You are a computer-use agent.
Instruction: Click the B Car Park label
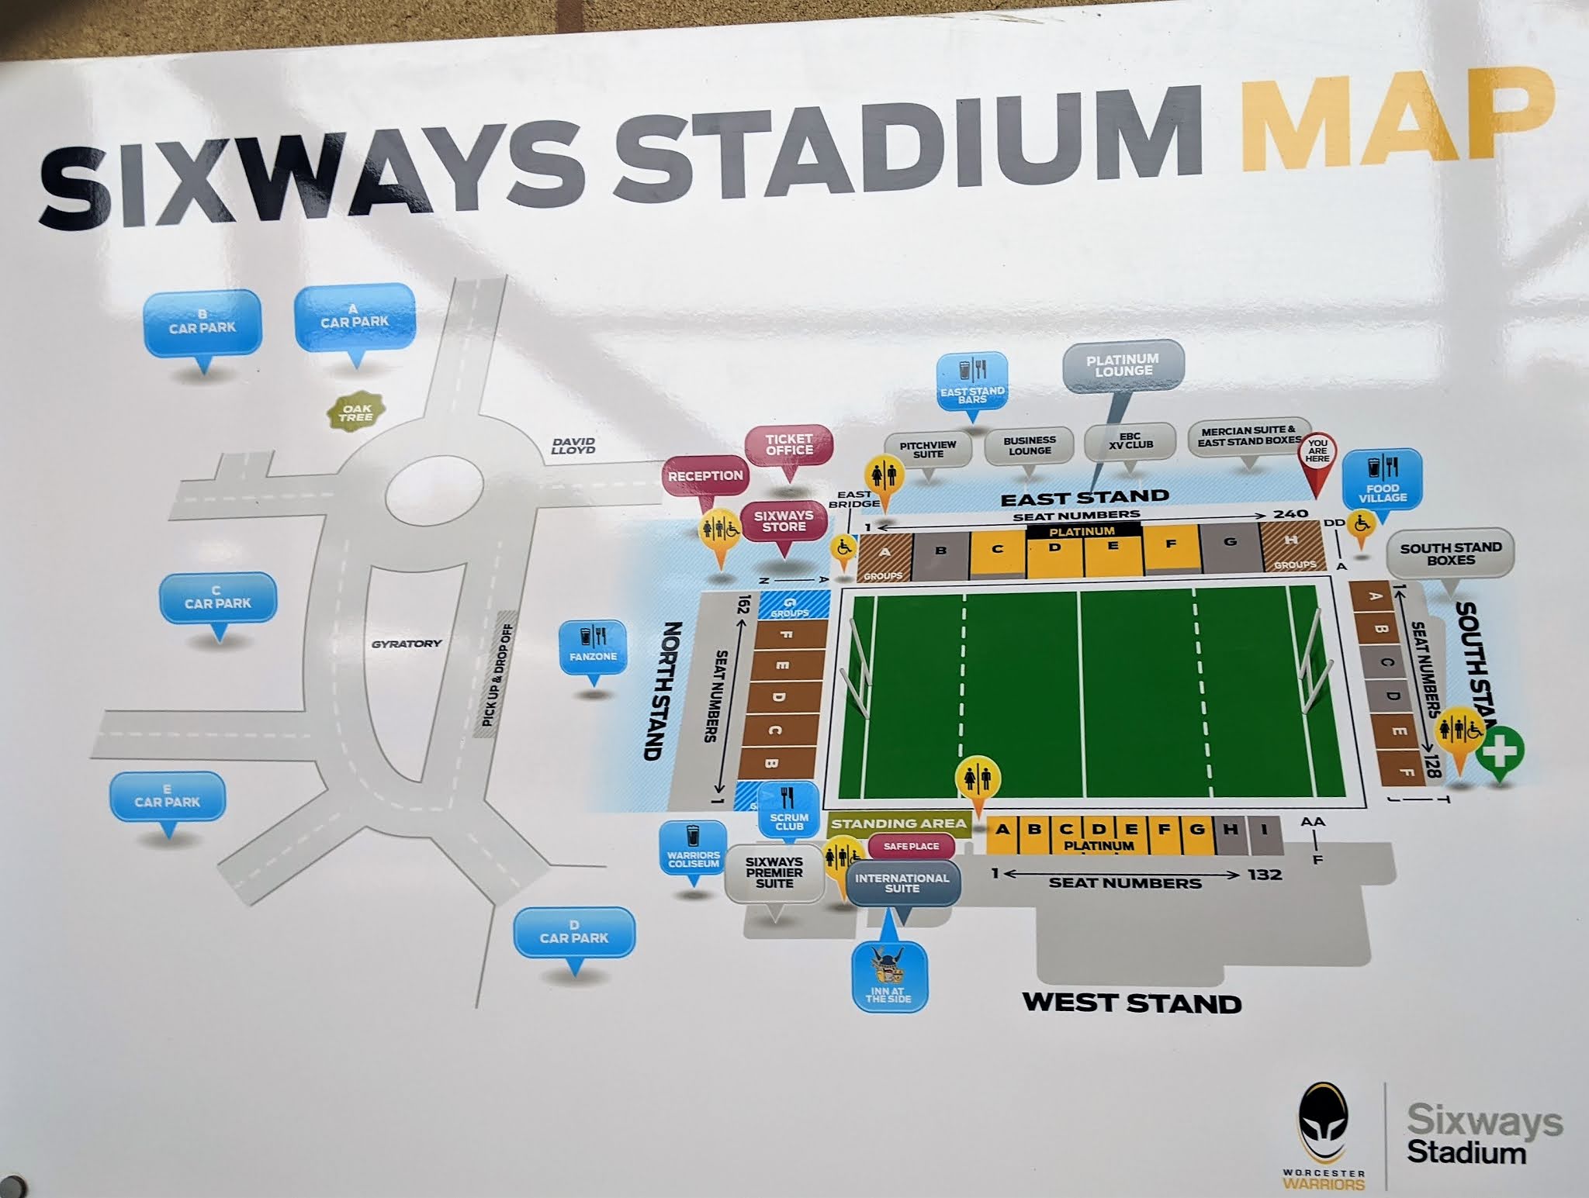tap(202, 323)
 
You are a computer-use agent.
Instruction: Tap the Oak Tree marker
tap(356, 413)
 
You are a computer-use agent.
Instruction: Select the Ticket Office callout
tap(789, 445)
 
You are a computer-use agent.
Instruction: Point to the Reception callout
tap(705, 476)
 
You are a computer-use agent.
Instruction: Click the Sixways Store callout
tap(784, 521)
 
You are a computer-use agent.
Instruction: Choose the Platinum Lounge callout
tap(1123, 365)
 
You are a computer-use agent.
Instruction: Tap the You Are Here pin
tap(1317, 453)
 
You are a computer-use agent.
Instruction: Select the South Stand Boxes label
tap(1450, 554)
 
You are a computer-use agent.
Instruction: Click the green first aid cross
tap(1500, 751)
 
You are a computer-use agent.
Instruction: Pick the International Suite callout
tap(902, 883)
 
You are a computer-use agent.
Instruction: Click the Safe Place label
tap(911, 846)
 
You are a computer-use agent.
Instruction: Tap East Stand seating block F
tap(1171, 545)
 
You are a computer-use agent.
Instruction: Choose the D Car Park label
tap(574, 933)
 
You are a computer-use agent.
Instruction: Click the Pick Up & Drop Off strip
tap(497, 675)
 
